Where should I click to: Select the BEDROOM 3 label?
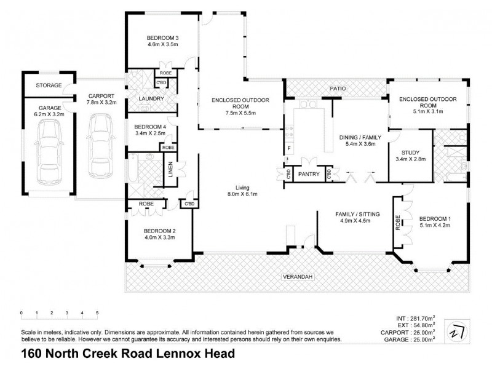pos(162,36)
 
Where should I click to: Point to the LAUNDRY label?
pos(150,98)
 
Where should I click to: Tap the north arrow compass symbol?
pos(458,329)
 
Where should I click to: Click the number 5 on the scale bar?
pos(97,314)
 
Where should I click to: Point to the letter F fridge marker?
pos(288,149)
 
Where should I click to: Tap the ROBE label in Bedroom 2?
pos(146,203)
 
